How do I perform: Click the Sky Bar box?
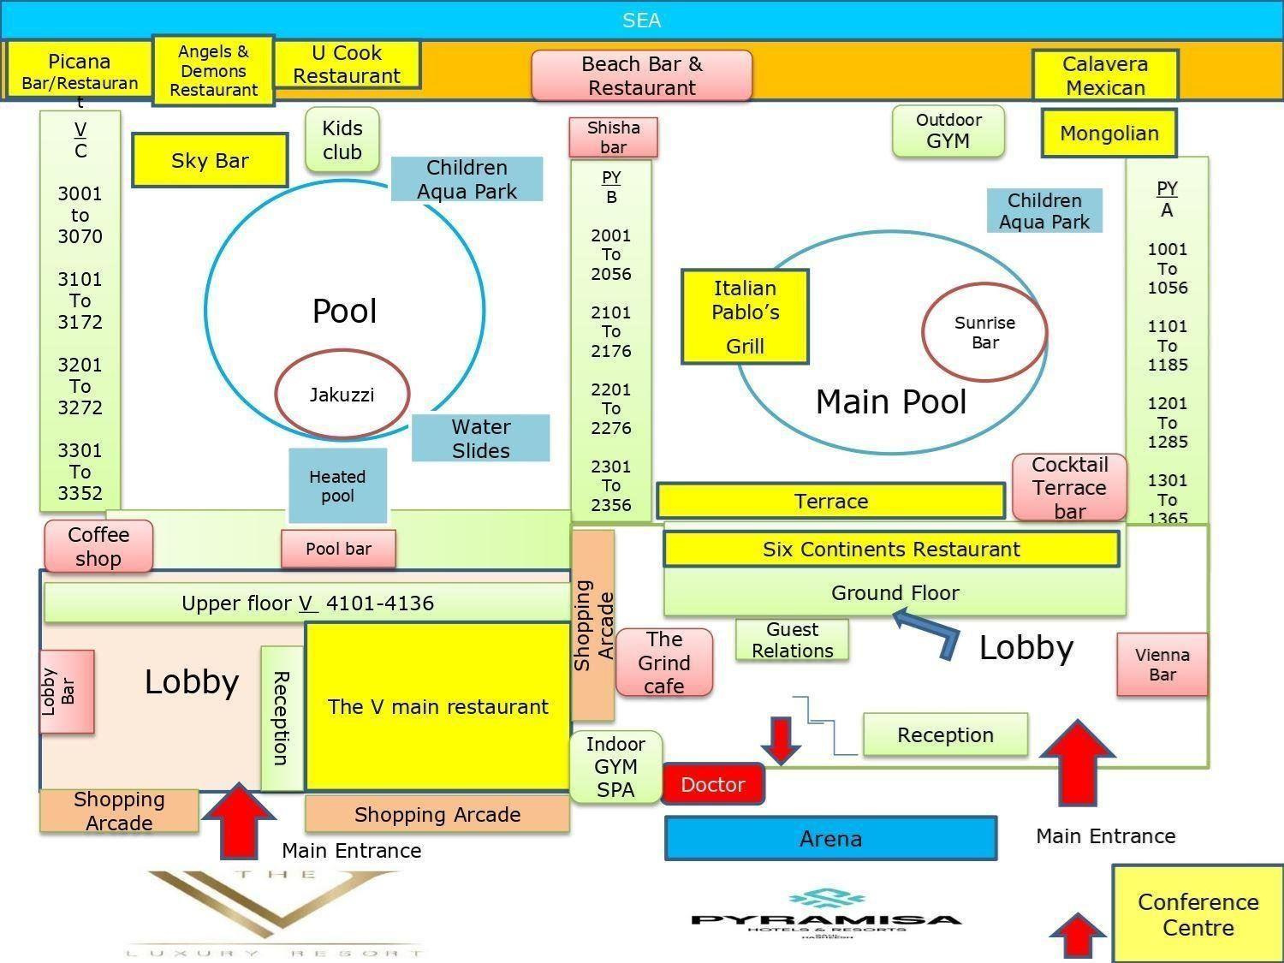(210, 160)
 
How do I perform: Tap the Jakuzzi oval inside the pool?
(342, 395)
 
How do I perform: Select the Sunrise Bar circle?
(984, 332)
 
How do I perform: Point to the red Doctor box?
(712, 784)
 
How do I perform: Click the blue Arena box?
(830, 838)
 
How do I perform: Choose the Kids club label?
(342, 140)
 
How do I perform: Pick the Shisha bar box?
(613, 137)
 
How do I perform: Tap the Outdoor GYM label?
(948, 131)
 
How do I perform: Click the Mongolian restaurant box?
(1109, 134)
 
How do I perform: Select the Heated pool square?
(337, 485)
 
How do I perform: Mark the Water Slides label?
(480, 438)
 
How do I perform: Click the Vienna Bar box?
(1162, 664)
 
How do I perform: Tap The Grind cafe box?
(663, 663)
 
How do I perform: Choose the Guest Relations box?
(792, 639)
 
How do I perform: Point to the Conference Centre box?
(1198, 914)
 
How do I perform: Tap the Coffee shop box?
(98, 546)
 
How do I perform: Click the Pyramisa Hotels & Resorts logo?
(825, 913)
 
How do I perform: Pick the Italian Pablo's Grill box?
(745, 317)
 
